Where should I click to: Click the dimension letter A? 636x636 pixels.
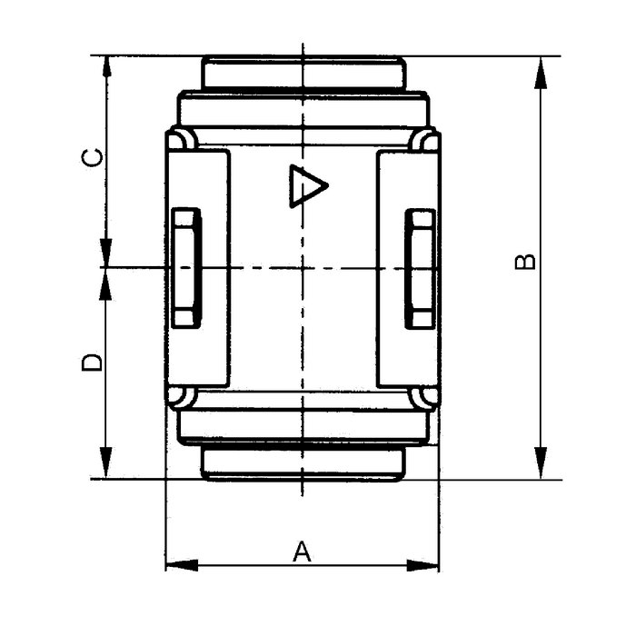coord(302,551)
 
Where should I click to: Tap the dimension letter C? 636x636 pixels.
coord(92,157)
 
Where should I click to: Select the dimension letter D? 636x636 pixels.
coord(92,362)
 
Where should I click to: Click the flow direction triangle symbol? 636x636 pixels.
coord(307,186)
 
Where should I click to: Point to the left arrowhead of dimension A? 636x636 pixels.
coord(182,565)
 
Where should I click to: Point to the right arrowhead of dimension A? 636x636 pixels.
coord(422,565)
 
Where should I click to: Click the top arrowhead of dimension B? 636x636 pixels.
coord(541,73)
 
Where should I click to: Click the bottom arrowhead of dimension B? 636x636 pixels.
coord(541,462)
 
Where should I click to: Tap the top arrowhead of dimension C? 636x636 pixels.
coord(106,66)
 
